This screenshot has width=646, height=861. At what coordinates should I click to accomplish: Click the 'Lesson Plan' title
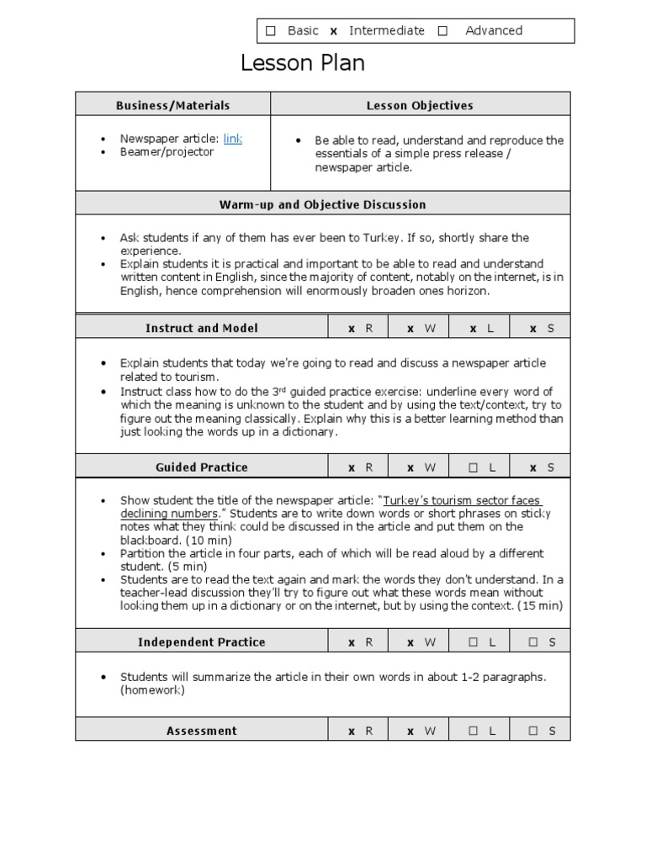pyautogui.click(x=303, y=63)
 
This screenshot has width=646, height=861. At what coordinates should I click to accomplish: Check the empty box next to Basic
pyautogui.click(x=271, y=31)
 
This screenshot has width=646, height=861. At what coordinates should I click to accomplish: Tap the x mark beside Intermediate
pyautogui.click(x=333, y=31)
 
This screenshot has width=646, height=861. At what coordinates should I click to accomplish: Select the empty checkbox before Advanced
pyautogui.click(x=442, y=31)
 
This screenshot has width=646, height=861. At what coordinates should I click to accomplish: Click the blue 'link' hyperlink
pyautogui.click(x=233, y=139)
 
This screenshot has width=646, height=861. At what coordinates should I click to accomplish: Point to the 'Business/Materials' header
pyautogui.click(x=172, y=105)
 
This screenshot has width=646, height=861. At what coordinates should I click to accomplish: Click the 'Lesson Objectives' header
pyautogui.click(x=420, y=105)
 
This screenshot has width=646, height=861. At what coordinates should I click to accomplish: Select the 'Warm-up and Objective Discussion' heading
pyautogui.click(x=322, y=204)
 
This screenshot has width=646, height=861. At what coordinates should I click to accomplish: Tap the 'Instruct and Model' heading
pyautogui.click(x=202, y=328)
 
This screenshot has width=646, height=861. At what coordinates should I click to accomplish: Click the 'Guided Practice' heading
pyautogui.click(x=202, y=467)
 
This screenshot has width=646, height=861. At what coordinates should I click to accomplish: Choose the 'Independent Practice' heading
pyautogui.click(x=202, y=642)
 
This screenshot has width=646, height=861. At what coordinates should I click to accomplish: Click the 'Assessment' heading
pyautogui.click(x=202, y=731)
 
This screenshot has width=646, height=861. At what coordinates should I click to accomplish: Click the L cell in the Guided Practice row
pyautogui.click(x=482, y=467)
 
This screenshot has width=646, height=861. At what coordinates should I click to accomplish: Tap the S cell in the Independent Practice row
pyautogui.click(x=543, y=642)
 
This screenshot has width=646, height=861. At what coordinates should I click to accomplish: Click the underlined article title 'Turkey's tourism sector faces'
pyautogui.click(x=462, y=500)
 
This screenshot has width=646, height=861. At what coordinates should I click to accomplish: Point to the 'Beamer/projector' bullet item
pyautogui.click(x=167, y=152)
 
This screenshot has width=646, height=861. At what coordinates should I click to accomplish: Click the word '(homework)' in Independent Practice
pyautogui.click(x=152, y=690)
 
